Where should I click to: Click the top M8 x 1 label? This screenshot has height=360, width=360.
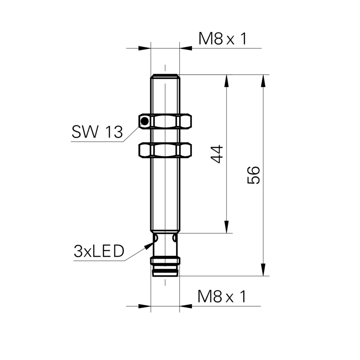(x=222, y=39)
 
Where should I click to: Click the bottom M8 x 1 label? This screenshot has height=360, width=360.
(x=222, y=296)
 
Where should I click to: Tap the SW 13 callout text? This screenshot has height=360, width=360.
(x=97, y=132)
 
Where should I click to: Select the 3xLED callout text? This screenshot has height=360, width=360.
(x=99, y=251)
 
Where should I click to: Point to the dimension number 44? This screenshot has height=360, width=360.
(x=217, y=154)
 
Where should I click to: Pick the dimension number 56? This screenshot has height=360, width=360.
(x=253, y=175)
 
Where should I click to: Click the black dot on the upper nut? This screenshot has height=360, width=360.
(x=145, y=121)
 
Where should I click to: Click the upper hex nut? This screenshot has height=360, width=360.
(x=165, y=121)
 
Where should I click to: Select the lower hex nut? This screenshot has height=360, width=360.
(x=165, y=150)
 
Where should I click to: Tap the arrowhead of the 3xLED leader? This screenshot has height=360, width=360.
(x=149, y=245)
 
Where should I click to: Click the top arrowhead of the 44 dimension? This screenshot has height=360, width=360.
(x=227, y=81)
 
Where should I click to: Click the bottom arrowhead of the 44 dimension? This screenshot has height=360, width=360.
(x=227, y=227)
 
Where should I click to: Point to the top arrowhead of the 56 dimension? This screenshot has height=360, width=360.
(x=263, y=81)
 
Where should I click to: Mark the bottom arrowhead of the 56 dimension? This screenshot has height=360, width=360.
(x=263, y=270)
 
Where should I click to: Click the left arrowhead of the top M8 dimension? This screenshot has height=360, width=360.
(x=145, y=48)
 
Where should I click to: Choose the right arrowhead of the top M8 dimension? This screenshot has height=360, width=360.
(x=186, y=48)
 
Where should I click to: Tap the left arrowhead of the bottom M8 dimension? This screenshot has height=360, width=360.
(x=145, y=306)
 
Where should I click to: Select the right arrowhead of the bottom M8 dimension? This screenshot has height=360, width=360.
(x=186, y=306)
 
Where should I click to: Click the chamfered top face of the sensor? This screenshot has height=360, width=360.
(x=165, y=76)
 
